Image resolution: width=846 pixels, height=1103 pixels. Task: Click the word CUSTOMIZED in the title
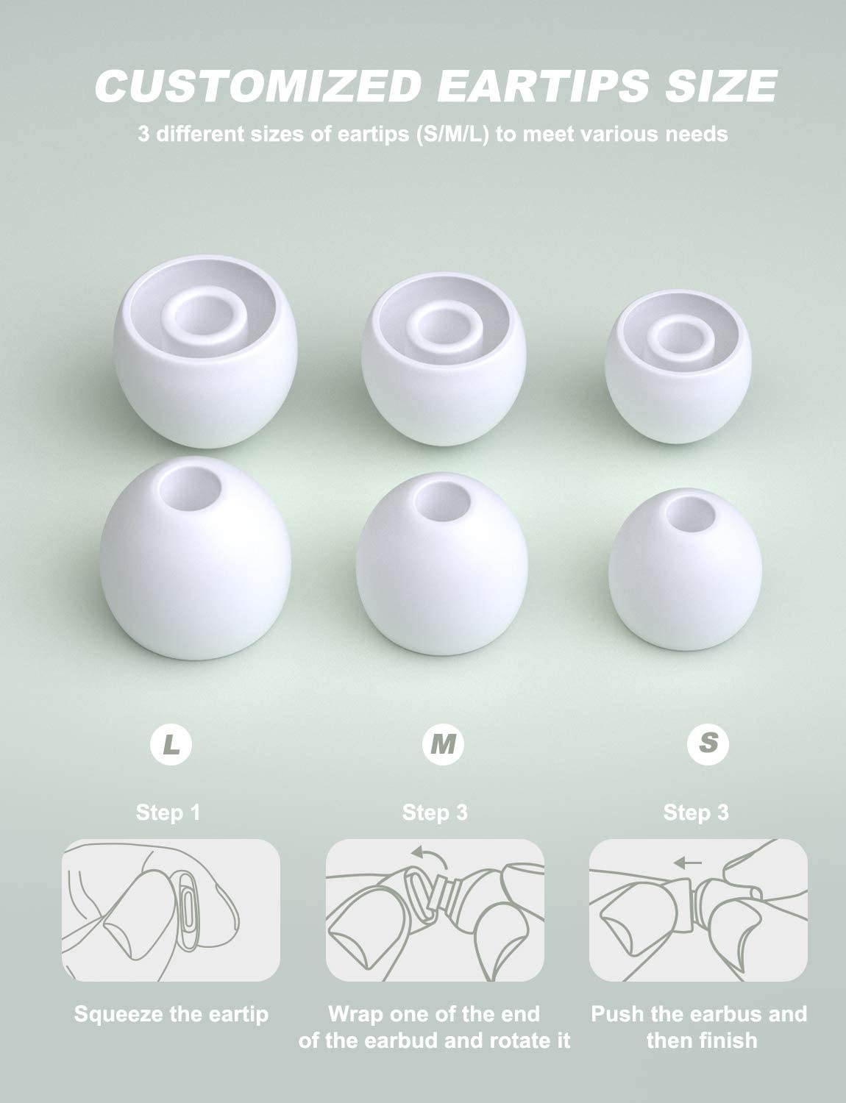[x=258, y=85]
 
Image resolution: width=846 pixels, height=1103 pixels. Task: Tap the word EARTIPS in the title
[x=543, y=85]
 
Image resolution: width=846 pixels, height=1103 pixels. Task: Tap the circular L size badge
[x=171, y=744]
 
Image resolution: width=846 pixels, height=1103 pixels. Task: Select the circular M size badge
[x=443, y=744]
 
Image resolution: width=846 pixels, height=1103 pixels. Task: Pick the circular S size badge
[x=708, y=744]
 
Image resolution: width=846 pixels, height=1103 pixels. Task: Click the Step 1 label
[x=168, y=813]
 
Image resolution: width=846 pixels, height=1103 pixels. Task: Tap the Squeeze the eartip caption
[x=171, y=1015]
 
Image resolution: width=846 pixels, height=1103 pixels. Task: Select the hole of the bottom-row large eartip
[x=190, y=488]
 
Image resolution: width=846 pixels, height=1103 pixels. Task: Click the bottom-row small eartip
[x=685, y=569]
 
